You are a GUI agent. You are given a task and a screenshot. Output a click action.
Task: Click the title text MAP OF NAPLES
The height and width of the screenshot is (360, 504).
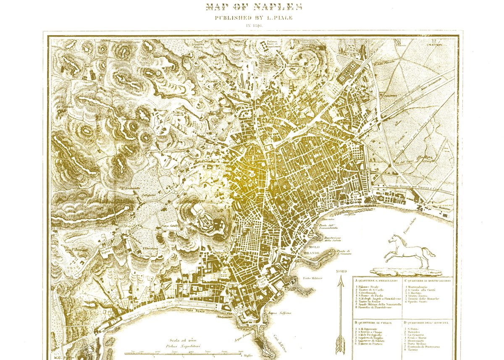click(254, 6)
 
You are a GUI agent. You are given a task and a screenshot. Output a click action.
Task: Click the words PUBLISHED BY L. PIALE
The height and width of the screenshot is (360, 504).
click(253, 18)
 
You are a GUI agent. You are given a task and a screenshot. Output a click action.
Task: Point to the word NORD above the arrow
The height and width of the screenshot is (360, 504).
click(341, 271)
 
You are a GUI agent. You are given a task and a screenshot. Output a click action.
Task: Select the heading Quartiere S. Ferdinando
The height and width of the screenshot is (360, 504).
click(377, 280)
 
